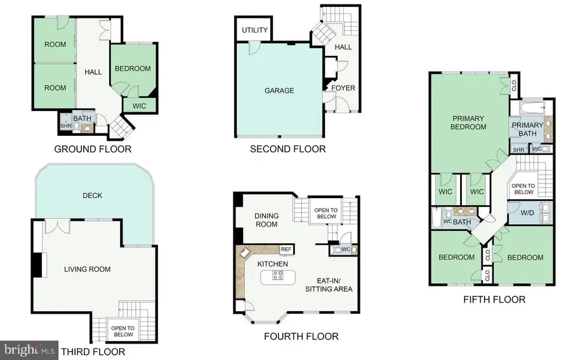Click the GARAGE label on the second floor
point(279,91)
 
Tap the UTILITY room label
point(254,30)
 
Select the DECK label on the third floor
point(93,196)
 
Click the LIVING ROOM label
point(88,269)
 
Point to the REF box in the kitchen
point(286,250)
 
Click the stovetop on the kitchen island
point(278,275)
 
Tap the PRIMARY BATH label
point(527,130)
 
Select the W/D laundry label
point(527,213)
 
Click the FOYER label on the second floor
point(343,88)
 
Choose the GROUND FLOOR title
point(93,149)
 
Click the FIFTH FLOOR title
point(494,300)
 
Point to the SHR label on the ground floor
point(66,126)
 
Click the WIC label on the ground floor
point(139,106)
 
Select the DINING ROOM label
point(266,220)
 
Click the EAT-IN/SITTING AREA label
point(329,285)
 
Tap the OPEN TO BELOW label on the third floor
point(123,331)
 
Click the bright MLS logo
point(29,350)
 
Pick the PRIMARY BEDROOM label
point(468,123)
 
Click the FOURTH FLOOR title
point(301,337)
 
